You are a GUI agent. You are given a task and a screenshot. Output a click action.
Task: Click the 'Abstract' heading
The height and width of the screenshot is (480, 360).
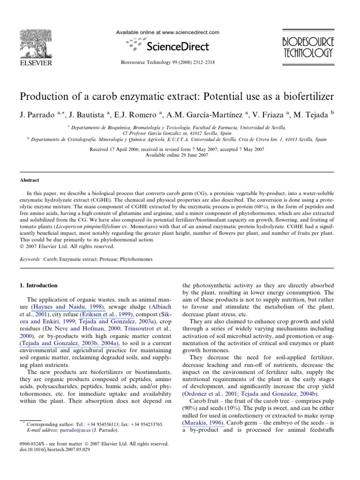[x=29, y=180]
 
